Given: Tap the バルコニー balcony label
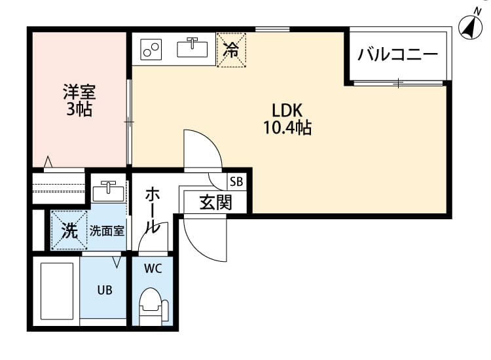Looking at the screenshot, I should click(397, 55).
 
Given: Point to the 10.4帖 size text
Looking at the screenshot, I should click(287, 128).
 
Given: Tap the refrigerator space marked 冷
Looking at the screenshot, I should click(230, 49).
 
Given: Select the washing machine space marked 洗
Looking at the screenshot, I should click(69, 230).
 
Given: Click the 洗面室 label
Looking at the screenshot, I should click(107, 230).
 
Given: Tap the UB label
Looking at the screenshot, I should click(105, 289).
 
